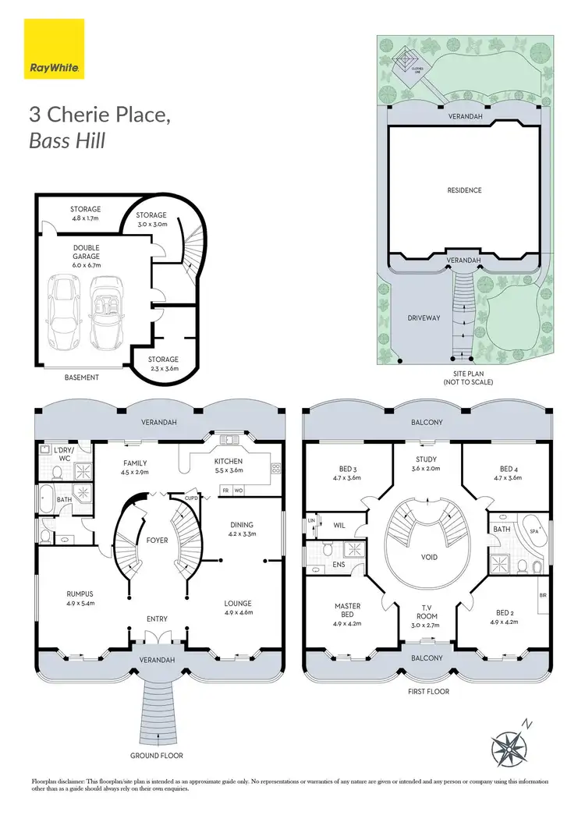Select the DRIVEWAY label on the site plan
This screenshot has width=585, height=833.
click(x=424, y=318)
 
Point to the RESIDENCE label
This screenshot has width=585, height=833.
click(x=464, y=190)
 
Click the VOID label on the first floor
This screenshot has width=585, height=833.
click(x=428, y=558)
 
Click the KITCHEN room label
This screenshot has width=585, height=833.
click(x=229, y=462)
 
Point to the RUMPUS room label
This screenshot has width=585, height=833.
click(x=80, y=594)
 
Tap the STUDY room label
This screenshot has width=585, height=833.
click(x=426, y=459)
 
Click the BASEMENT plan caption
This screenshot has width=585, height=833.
click(x=82, y=378)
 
